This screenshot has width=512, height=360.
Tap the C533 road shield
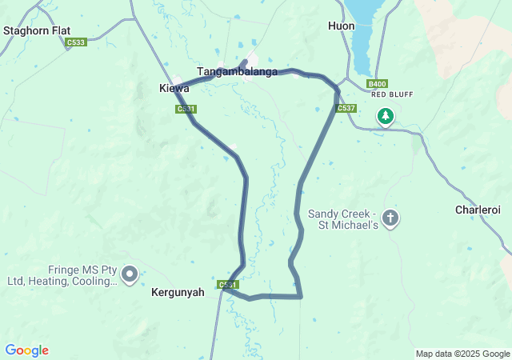point(77,42)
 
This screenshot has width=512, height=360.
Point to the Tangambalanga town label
point(238,71)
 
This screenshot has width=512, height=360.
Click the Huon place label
point(341,26)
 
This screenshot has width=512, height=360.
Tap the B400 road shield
point(377,83)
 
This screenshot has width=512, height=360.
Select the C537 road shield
point(346,108)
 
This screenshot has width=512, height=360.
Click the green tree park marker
point(386,117)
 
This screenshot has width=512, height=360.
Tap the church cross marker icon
point(390,218)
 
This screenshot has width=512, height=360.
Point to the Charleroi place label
point(478,210)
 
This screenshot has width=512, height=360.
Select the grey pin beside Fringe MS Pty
point(130,274)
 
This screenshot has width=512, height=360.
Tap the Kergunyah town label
point(178,293)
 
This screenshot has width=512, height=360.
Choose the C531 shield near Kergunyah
point(227,285)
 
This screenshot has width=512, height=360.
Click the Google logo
point(26,350)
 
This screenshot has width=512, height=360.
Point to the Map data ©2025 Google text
point(462,354)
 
